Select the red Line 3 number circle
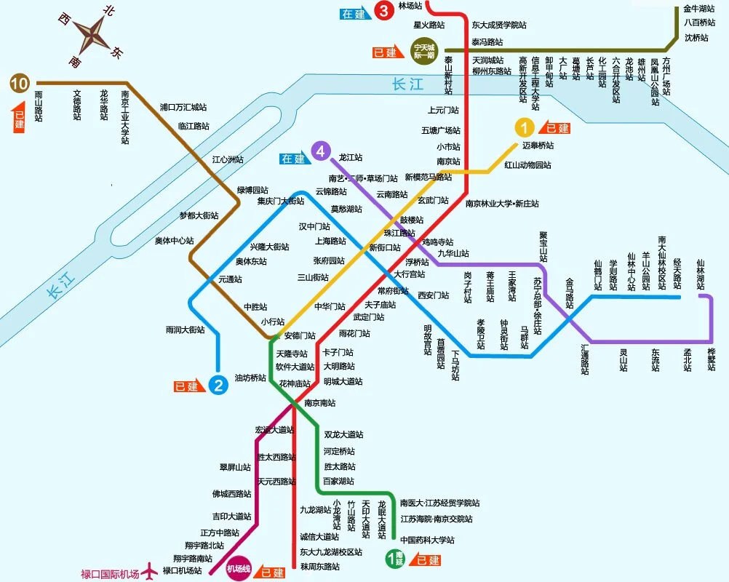pyautogui.click(x=383, y=11)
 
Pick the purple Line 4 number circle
pyautogui.click(x=319, y=151)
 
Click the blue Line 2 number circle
pyautogui.click(x=218, y=385)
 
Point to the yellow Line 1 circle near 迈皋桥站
pyautogui.click(x=524, y=128)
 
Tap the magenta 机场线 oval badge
pyautogui.click(x=239, y=569)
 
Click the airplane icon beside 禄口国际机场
pyautogui.click(x=151, y=571)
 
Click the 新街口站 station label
pyautogui.click(x=385, y=247)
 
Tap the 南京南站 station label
pyautogui.click(x=320, y=402)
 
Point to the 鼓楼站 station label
pyautogui.click(x=412, y=220)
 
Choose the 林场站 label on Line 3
pyautogui.click(x=409, y=6)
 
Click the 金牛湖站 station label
pyautogui.click(x=699, y=9)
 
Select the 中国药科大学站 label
pyautogui.click(x=427, y=540)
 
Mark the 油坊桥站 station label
pyautogui.click(x=250, y=378)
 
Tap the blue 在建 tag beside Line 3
pyautogui.click(x=356, y=13)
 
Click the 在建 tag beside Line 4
pyautogui.click(x=293, y=159)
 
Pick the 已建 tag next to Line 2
pyautogui.click(x=187, y=386)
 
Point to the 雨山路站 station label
pyautogui.click(x=38, y=105)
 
